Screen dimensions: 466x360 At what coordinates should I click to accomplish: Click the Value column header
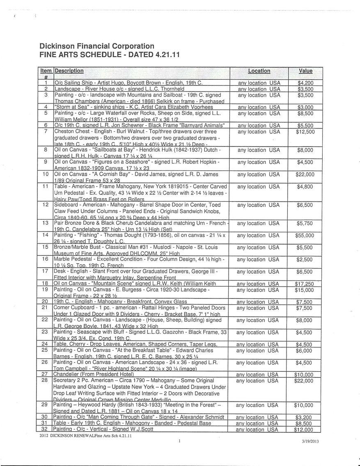tap(305, 71)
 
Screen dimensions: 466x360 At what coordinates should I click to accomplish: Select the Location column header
tap(259, 71)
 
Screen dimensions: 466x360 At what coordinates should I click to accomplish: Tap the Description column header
tap(69, 71)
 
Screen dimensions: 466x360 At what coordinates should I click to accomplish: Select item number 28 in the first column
tap(46, 381)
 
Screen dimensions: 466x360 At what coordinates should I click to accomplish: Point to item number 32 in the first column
tap(46, 429)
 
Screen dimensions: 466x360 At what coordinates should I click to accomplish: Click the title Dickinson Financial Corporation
tap(97, 46)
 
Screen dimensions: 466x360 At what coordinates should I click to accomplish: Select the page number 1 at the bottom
tap(180, 441)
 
